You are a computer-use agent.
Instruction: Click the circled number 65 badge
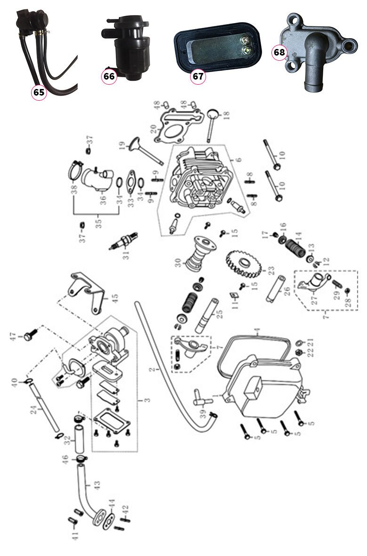[39, 92]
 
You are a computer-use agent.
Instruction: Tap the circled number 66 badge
[109, 76]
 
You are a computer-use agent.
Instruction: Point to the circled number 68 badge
[279, 52]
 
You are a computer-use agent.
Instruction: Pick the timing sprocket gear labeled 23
[243, 263]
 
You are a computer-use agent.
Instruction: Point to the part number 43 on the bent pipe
[97, 485]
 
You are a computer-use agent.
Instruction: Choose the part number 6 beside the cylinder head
[239, 160]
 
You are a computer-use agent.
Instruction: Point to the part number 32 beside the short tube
[67, 442]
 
